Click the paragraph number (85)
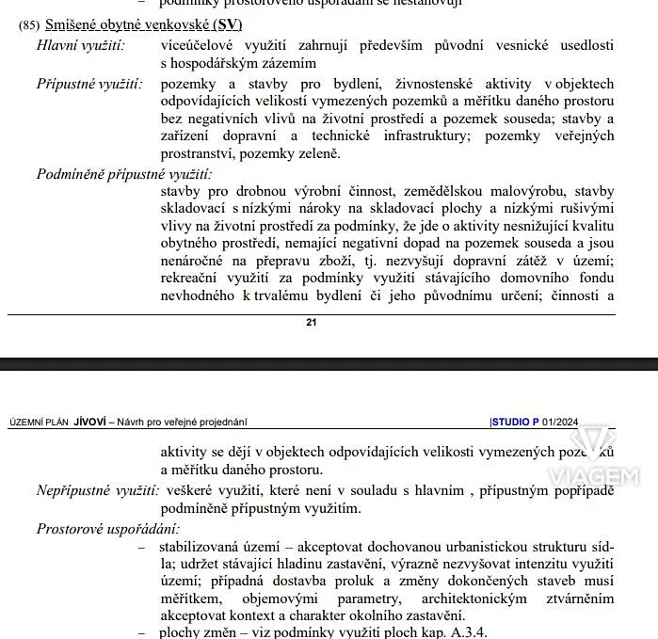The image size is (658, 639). (29, 24)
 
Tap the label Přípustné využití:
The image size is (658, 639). (90, 84)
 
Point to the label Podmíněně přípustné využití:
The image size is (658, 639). (124, 174)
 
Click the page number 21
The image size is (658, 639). (312, 322)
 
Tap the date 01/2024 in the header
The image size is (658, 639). (562, 423)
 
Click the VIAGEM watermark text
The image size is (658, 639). (603, 478)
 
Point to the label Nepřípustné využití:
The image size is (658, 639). (98, 490)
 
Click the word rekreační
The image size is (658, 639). (193, 280)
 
